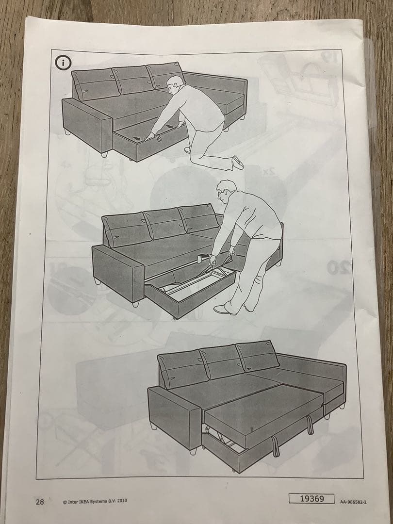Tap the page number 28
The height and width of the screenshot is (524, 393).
pyautogui.click(x=39, y=501)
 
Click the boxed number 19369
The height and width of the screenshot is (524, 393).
pyautogui.click(x=311, y=499)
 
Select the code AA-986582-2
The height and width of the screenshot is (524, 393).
pyautogui.click(x=353, y=502)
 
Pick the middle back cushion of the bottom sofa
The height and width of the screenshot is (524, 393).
pyautogui.click(x=221, y=361)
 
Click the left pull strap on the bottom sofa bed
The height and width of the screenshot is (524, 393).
pyautogui.click(x=276, y=446)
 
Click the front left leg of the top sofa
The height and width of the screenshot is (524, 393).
pyautogui.click(x=103, y=154)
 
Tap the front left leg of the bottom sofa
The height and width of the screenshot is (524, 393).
pyautogui.click(x=193, y=451)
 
